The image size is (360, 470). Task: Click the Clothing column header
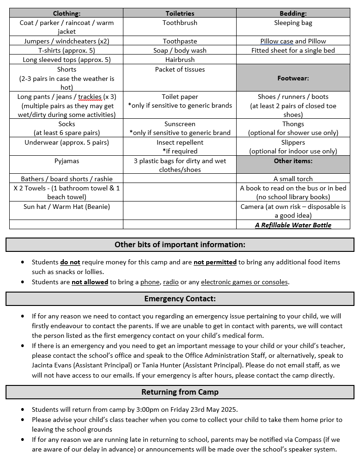click(x=67, y=13)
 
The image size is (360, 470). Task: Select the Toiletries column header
click(x=180, y=13)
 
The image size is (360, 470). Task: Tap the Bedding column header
click(x=293, y=13)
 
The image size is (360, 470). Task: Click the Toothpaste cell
click(x=180, y=41)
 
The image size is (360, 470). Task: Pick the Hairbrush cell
click(x=180, y=60)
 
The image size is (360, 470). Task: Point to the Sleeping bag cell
click(x=293, y=23)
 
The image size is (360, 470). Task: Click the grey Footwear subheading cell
click(x=293, y=78)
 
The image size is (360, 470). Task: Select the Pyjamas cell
click(x=67, y=161)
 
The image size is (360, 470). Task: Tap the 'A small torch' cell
click(x=293, y=179)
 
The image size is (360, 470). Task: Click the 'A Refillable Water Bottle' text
click(x=293, y=225)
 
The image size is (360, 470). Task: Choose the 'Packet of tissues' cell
click(x=180, y=69)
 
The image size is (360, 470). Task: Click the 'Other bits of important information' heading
click(x=180, y=244)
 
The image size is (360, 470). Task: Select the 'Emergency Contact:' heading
click(x=180, y=299)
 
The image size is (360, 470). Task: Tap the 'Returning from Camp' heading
click(x=180, y=392)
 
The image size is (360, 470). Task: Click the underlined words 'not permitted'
click(x=215, y=262)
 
